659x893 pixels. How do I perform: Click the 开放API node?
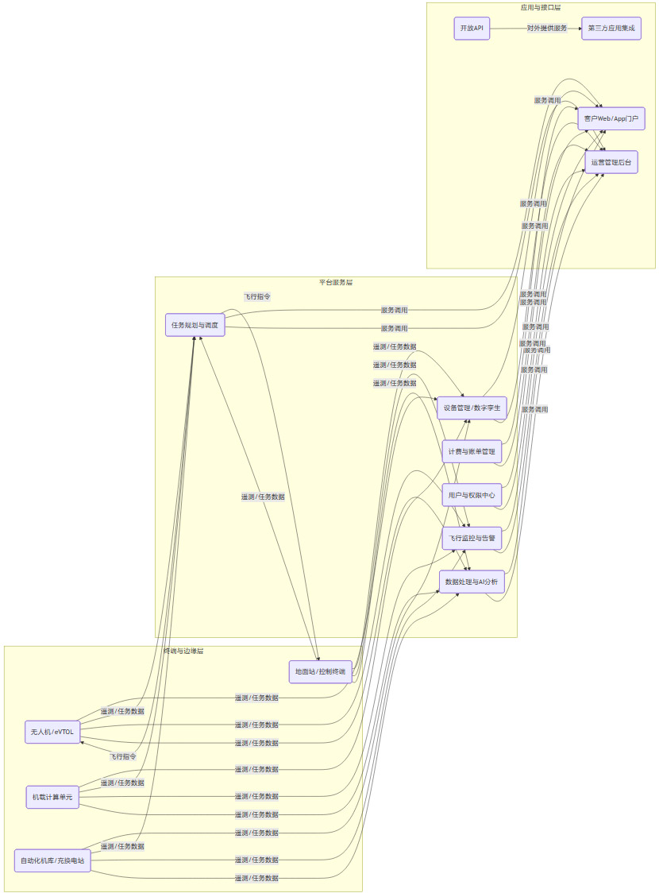tap(472, 29)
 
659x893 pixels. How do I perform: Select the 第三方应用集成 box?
tap(611, 29)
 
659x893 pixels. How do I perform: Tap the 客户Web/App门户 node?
tap(611, 118)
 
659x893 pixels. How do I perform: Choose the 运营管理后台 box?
tap(611, 162)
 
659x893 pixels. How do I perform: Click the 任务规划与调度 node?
tap(195, 325)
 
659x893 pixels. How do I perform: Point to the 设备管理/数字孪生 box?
tap(472, 408)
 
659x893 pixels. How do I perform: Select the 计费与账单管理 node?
tap(472, 451)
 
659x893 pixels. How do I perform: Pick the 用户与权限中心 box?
tap(472, 495)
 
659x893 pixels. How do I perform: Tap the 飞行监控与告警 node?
tap(472, 538)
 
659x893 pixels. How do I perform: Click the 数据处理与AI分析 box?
tap(472, 582)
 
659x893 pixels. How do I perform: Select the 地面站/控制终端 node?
tap(319, 672)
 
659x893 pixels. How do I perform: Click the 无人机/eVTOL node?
tap(52, 731)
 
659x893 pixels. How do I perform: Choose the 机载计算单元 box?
tap(52, 796)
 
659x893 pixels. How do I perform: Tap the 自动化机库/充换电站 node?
tap(52, 860)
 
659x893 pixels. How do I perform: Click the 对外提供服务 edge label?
tap(547, 29)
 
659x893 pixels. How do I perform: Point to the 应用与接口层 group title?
tap(541, 7)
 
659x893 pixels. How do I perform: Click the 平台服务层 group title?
tap(336, 282)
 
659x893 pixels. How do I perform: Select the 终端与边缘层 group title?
tap(183, 651)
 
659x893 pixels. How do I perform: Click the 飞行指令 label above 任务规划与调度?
tap(257, 296)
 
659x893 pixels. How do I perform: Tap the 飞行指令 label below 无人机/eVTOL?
tap(123, 756)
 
